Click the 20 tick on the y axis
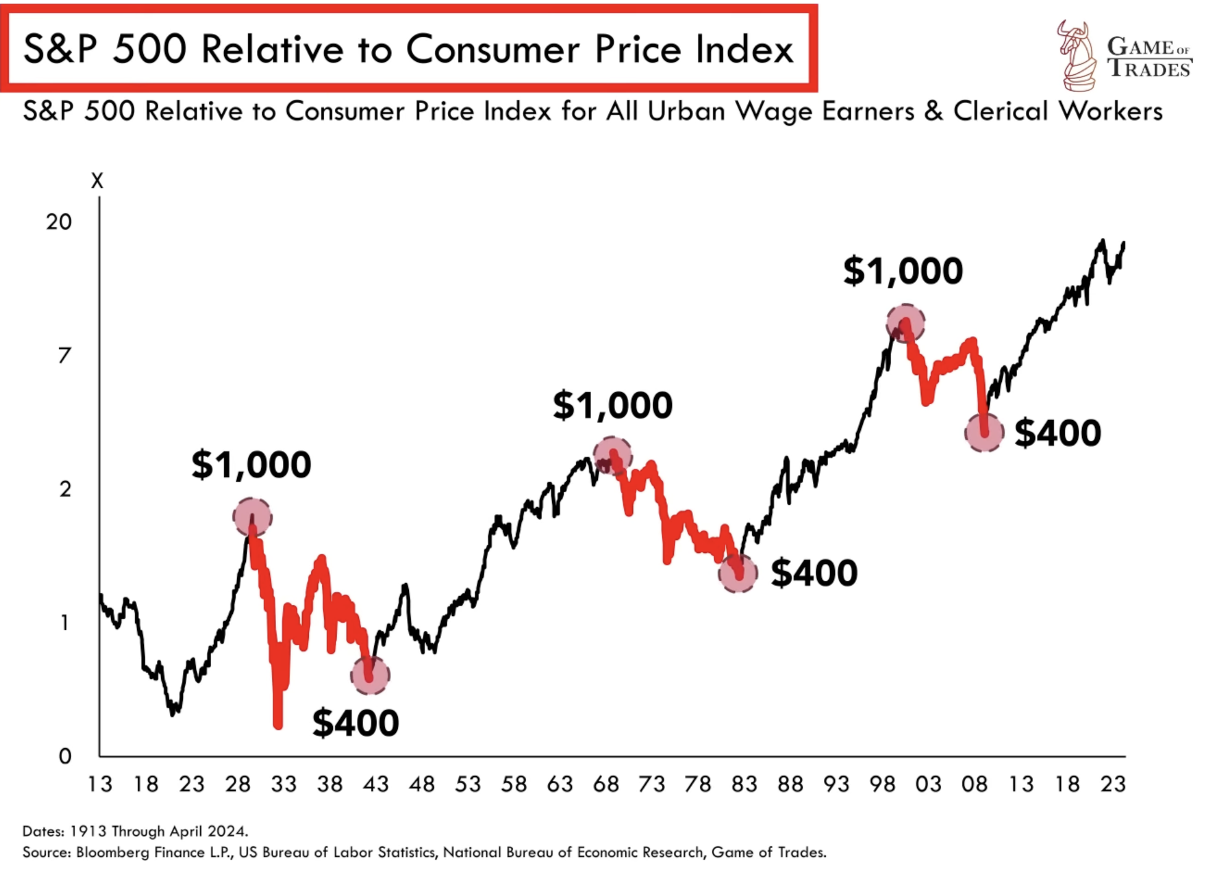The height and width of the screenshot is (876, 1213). click(59, 222)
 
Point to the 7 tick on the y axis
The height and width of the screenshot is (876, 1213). click(64, 356)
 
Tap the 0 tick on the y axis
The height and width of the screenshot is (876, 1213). click(65, 756)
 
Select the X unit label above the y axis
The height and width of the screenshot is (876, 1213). click(97, 181)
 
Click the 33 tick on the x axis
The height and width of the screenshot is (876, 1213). click(283, 785)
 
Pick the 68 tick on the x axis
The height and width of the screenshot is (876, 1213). click(606, 785)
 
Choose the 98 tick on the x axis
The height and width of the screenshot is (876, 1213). click(882, 785)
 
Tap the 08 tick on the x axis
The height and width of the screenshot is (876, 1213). click(974, 785)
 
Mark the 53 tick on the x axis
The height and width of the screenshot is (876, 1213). click(468, 785)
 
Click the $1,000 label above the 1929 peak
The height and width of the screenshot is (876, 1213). click(251, 465)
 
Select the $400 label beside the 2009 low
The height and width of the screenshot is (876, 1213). click(1057, 432)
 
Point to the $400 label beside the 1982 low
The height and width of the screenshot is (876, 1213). click(814, 573)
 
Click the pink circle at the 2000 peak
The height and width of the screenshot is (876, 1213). click(905, 323)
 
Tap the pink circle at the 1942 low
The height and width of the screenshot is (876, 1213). click(370, 675)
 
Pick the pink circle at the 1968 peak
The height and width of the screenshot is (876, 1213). click(613, 456)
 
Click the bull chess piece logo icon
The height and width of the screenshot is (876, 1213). click(1077, 56)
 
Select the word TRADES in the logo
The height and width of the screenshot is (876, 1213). click(1149, 69)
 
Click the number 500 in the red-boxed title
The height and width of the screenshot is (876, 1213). click(149, 49)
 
